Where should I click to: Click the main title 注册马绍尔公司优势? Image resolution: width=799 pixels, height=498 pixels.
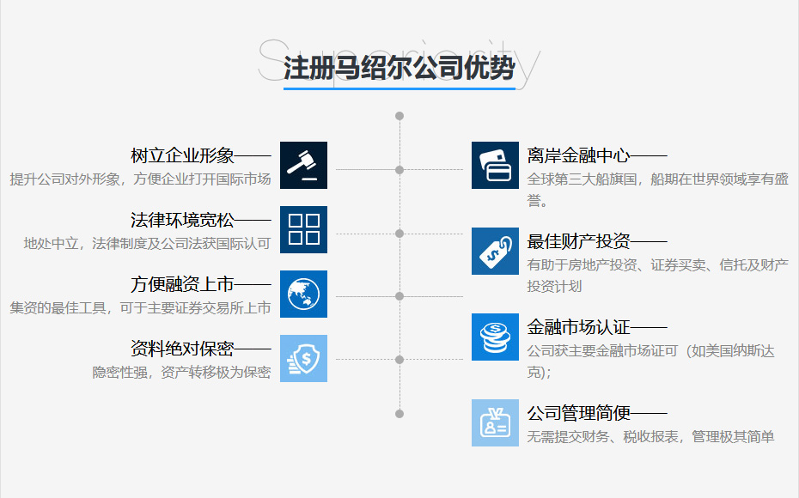[x=399, y=68]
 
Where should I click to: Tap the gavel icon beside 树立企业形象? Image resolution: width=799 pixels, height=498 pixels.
[x=303, y=165]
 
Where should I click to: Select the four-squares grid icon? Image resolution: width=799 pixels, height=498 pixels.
[x=303, y=229]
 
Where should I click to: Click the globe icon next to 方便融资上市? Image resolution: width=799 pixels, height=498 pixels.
[x=303, y=294]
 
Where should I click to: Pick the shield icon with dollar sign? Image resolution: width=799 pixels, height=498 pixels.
[x=303, y=358]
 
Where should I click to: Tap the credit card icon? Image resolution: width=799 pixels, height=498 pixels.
[x=495, y=165]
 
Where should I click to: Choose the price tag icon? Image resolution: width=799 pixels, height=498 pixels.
[x=495, y=251]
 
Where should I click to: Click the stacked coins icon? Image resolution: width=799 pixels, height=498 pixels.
[x=495, y=337]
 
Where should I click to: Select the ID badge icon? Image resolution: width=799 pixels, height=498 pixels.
[x=495, y=422]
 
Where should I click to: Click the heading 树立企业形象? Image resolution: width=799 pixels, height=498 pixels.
[x=182, y=156]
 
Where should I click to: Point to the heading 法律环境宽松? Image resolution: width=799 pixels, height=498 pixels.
[x=182, y=221]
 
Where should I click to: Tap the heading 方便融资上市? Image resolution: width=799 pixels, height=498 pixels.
[x=182, y=285]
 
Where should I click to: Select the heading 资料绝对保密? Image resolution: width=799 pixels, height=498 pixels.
[x=182, y=349]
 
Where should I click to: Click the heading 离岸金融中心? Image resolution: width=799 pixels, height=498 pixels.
[x=578, y=156]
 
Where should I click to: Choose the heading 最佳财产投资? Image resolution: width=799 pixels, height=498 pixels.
[x=578, y=242]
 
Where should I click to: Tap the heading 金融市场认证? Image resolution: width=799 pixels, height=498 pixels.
[x=578, y=328]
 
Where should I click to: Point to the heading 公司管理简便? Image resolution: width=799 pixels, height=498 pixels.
[x=578, y=414]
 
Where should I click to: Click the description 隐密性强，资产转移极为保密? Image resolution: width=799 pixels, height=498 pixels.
[x=181, y=373]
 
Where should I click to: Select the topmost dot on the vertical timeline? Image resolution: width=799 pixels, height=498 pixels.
[x=399, y=116]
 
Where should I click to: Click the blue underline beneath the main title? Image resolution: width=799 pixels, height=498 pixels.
[x=399, y=88]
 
